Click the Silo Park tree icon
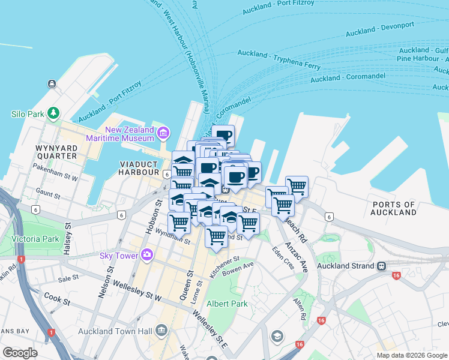tap(54, 112)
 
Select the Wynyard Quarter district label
tap(56, 151)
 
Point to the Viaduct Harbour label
tap(139, 168)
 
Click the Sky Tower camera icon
tap(147, 256)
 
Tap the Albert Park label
tap(227, 304)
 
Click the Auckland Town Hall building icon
tap(161, 330)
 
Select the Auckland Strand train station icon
tap(381, 266)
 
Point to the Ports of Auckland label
tap(394, 208)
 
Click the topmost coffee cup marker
tap(223, 135)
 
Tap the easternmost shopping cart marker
tap(297, 186)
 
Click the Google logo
tap(20, 353)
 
